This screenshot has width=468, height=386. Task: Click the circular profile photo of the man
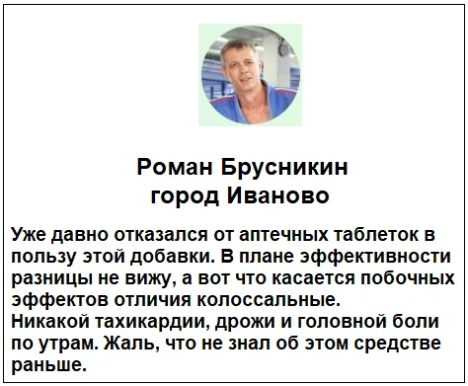236,75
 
